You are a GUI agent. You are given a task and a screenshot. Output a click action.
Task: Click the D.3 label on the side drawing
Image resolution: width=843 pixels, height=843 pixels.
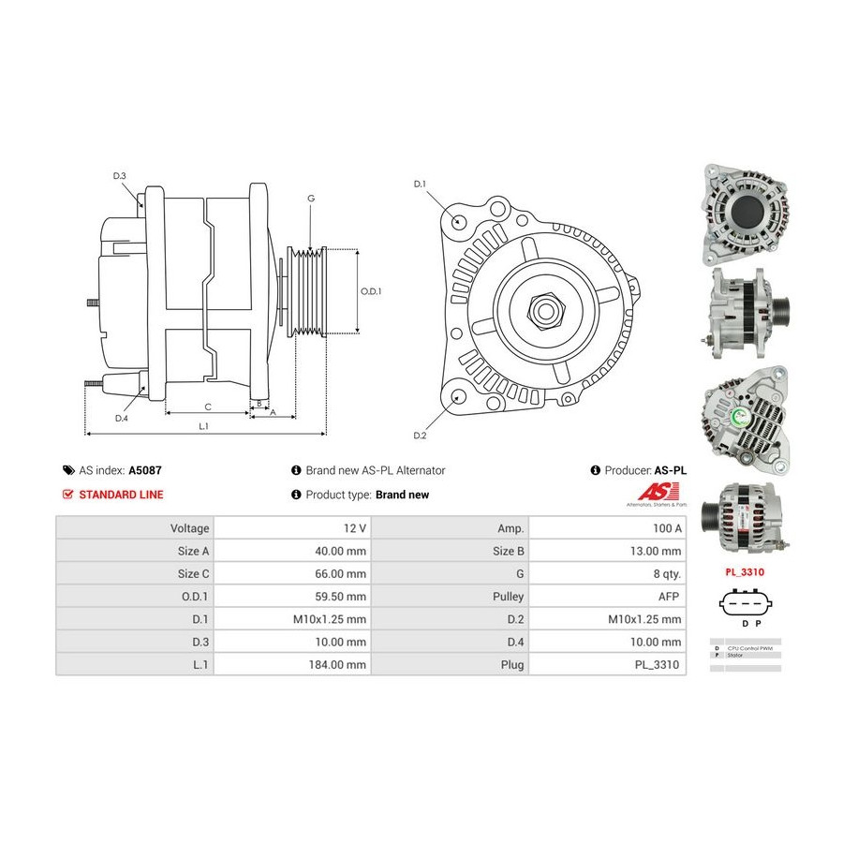pos(119,176)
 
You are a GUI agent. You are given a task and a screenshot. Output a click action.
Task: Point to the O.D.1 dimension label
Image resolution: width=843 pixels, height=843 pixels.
pos(371,291)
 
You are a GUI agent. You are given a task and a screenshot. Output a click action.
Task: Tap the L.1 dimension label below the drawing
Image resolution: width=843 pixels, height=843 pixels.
pos(203,426)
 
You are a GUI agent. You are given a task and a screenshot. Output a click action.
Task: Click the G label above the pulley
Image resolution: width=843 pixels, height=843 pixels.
pos(310,198)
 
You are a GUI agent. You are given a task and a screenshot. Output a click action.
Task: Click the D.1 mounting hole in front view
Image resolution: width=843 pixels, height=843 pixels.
pos(459,221)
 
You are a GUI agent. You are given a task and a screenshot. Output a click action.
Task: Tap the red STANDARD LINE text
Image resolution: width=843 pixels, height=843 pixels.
pos(121,495)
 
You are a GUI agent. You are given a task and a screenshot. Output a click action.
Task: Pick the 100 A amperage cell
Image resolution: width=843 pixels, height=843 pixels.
pos(667,528)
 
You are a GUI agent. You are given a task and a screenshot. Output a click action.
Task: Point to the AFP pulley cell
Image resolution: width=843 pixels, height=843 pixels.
pos(671,596)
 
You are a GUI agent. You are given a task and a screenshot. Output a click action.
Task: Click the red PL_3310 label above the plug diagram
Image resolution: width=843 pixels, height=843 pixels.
pos(746,569)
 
